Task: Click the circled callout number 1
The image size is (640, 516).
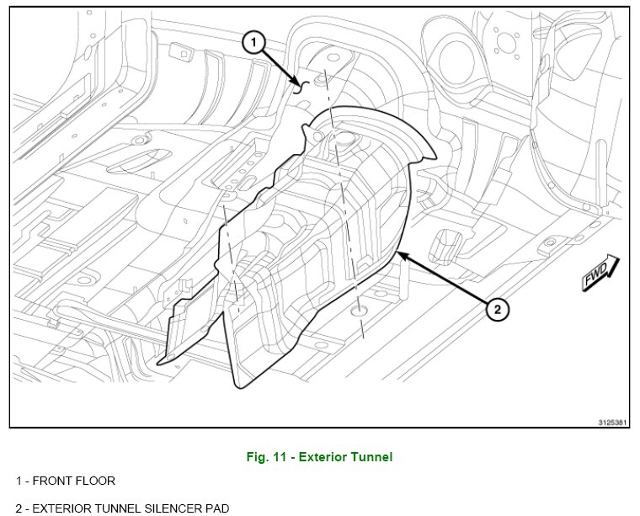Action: (x=255, y=40)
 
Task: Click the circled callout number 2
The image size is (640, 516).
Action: (x=498, y=310)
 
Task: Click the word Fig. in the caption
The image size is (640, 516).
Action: (x=256, y=457)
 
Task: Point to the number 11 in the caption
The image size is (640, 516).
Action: (x=278, y=457)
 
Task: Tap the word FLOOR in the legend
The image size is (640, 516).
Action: (x=96, y=481)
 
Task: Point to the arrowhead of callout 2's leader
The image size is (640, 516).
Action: (x=397, y=251)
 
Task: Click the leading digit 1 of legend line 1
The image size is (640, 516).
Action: (x=19, y=481)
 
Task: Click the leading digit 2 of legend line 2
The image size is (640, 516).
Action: (x=19, y=508)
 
